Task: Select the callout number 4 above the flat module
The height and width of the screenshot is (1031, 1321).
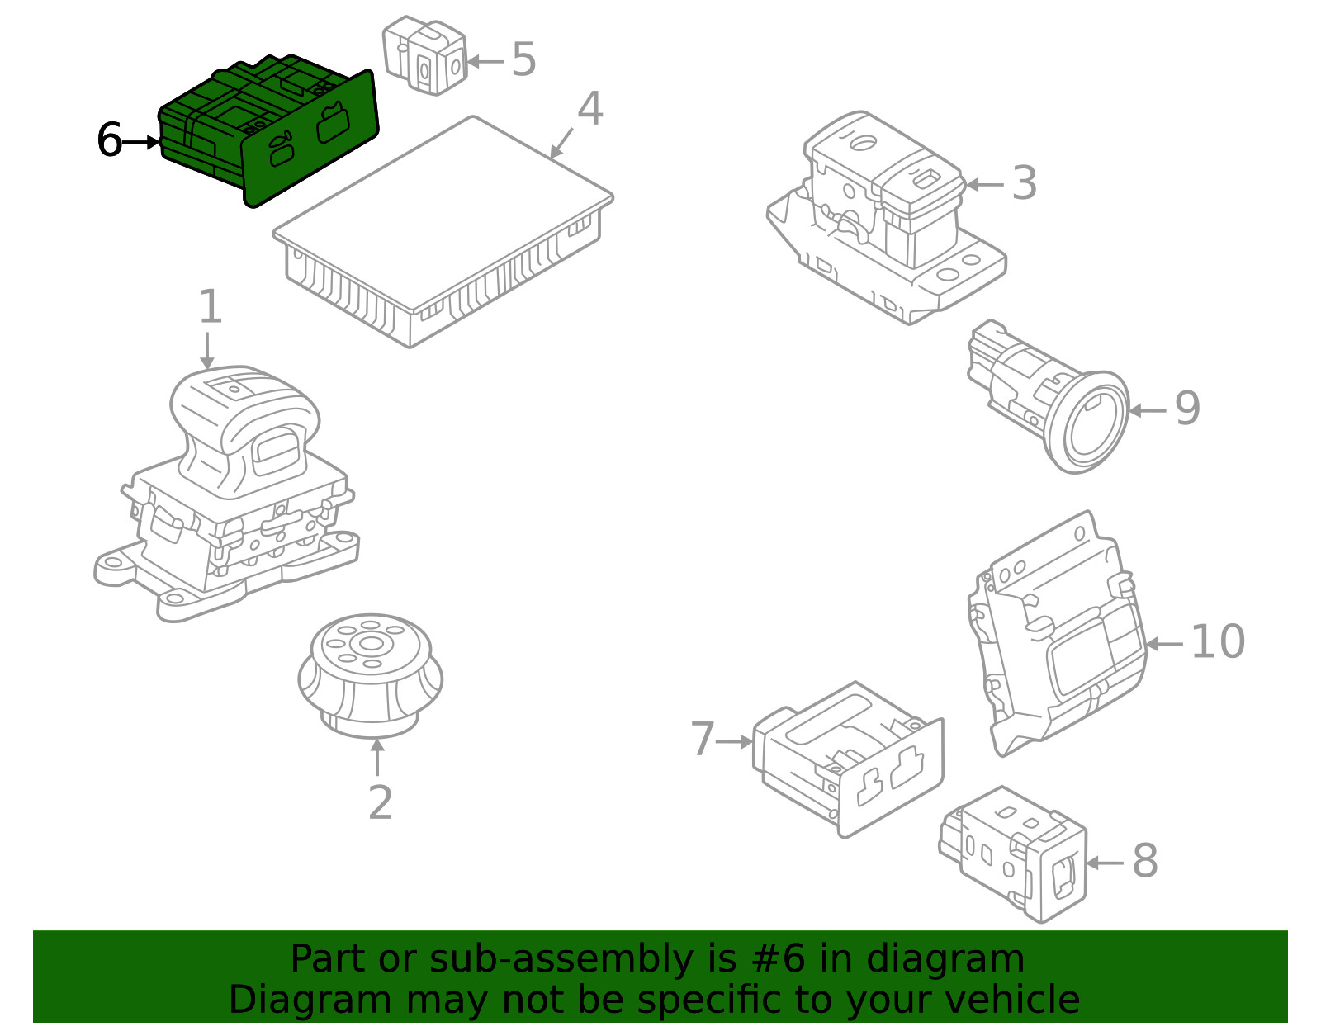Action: click(x=589, y=109)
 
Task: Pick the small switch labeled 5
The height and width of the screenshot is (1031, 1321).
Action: click(x=424, y=55)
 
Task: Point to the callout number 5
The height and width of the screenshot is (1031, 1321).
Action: click(x=523, y=59)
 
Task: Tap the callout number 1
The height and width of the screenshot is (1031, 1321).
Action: click(x=210, y=307)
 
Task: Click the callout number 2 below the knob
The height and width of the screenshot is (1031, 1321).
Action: click(x=379, y=802)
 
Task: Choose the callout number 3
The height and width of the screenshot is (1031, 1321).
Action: click(x=1024, y=183)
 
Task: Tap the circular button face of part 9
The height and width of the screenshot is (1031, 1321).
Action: click(x=1095, y=423)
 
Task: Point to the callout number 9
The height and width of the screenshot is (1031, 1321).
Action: click(x=1186, y=409)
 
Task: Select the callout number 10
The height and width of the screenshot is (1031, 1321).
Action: click(x=1217, y=642)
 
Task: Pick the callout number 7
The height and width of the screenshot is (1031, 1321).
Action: click(x=702, y=740)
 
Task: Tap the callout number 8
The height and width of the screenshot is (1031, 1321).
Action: click(x=1144, y=861)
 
